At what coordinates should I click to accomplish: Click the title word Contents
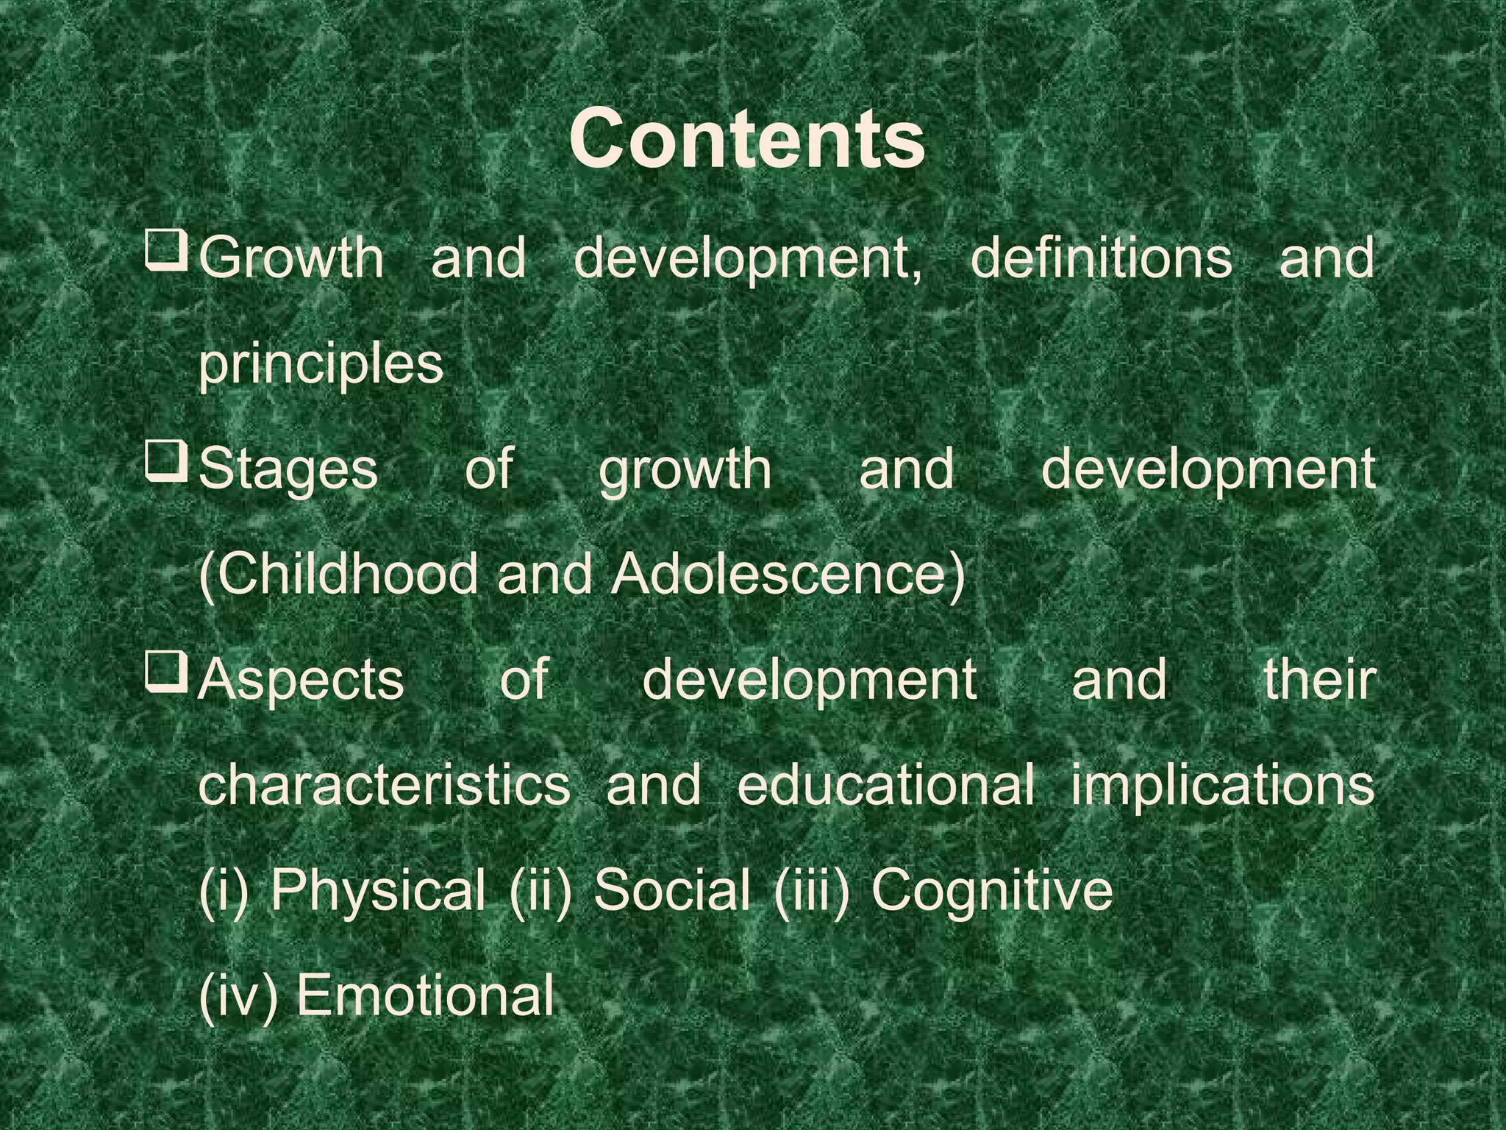point(746,138)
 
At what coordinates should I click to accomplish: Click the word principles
point(321,363)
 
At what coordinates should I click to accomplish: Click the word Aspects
point(301,681)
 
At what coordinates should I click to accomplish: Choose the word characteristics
point(384,785)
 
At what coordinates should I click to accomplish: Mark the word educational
point(885,785)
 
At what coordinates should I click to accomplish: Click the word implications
point(1222,786)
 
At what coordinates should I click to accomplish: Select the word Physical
point(377,891)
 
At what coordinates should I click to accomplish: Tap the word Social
point(671,889)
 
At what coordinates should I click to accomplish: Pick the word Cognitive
point(992,891)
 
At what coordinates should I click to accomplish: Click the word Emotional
point(425,996)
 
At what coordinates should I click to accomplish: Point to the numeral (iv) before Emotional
point(238,996)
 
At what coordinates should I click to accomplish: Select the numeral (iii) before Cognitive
point(811,891)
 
